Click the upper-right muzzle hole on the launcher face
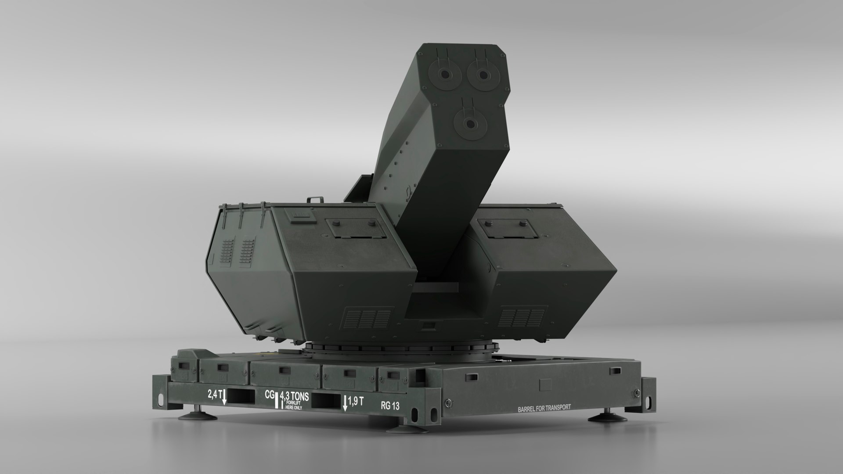pos(483,75)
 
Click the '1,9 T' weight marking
pos(355,401)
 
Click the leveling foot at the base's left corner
pos(195,415)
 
